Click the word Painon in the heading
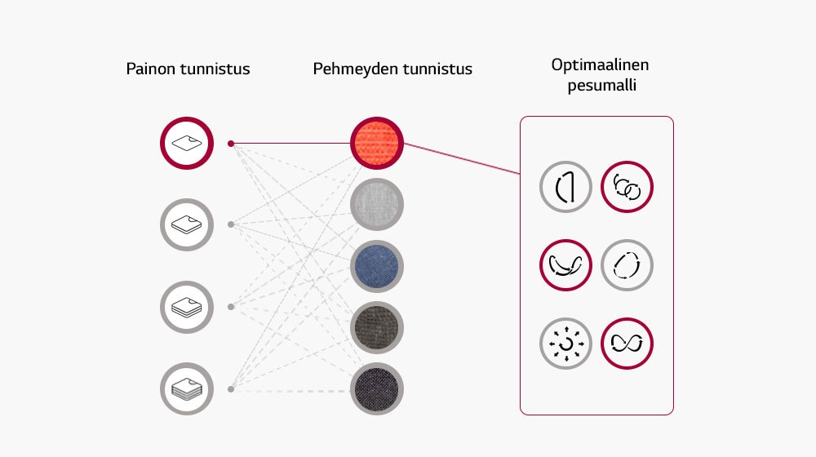[x=149, y=69]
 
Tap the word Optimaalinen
[x=600, y=65]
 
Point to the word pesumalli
[x=602, y=86]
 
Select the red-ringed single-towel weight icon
[x=187, y=144]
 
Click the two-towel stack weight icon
[x=187, y=224]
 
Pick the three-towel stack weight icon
[x=187, y=307]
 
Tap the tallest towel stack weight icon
[x=187, y=389]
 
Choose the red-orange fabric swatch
[x=377, y=144]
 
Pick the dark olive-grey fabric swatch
[x=377, y=328]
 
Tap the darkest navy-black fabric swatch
[x=377, y=389]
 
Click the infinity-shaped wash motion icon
[x=627, y=343]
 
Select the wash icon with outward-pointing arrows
[x=565, y=343]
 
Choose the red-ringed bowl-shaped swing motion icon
[x=565, y=265]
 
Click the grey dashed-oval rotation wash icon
[x=627, y=265]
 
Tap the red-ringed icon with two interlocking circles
[x=627, y=188]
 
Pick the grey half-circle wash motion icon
[x=565, y=188]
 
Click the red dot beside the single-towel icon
[x=231, y=144]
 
